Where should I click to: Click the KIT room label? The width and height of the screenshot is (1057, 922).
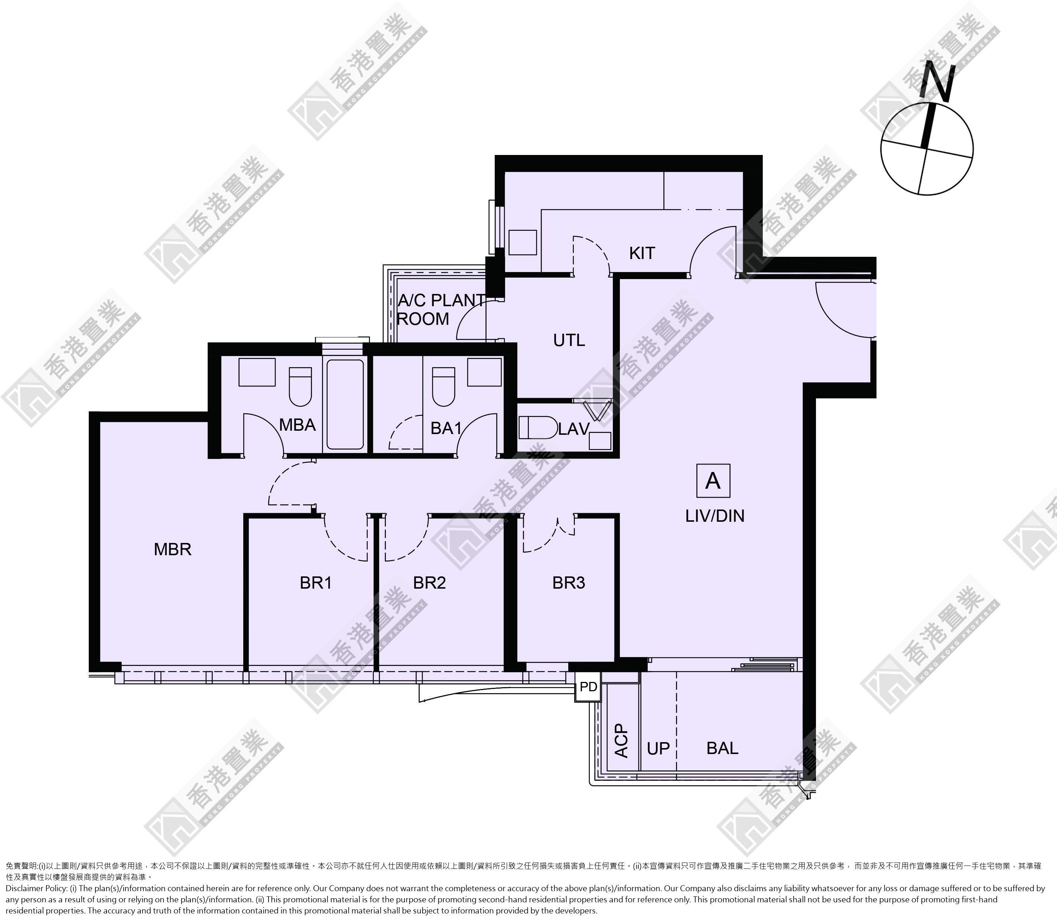pos(642,253)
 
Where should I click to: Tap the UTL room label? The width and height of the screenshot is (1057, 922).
pos(569,340)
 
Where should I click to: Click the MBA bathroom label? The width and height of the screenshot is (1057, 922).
pos(297,425)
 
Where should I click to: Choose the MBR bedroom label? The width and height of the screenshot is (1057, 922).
pos(173,550)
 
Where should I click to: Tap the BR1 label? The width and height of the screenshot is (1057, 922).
pos(316,583)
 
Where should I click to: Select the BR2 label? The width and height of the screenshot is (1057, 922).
pos(429,583)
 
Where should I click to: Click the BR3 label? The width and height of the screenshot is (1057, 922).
pos(569,583)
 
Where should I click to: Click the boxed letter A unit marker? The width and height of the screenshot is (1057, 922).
pos(713,481)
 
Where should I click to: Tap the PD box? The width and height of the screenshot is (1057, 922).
pos(588,687)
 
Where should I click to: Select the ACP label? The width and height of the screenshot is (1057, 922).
pos(622,741)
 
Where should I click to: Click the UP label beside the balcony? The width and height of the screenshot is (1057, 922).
pos(658,748)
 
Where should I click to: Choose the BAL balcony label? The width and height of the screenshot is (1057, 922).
pos(722,748)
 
